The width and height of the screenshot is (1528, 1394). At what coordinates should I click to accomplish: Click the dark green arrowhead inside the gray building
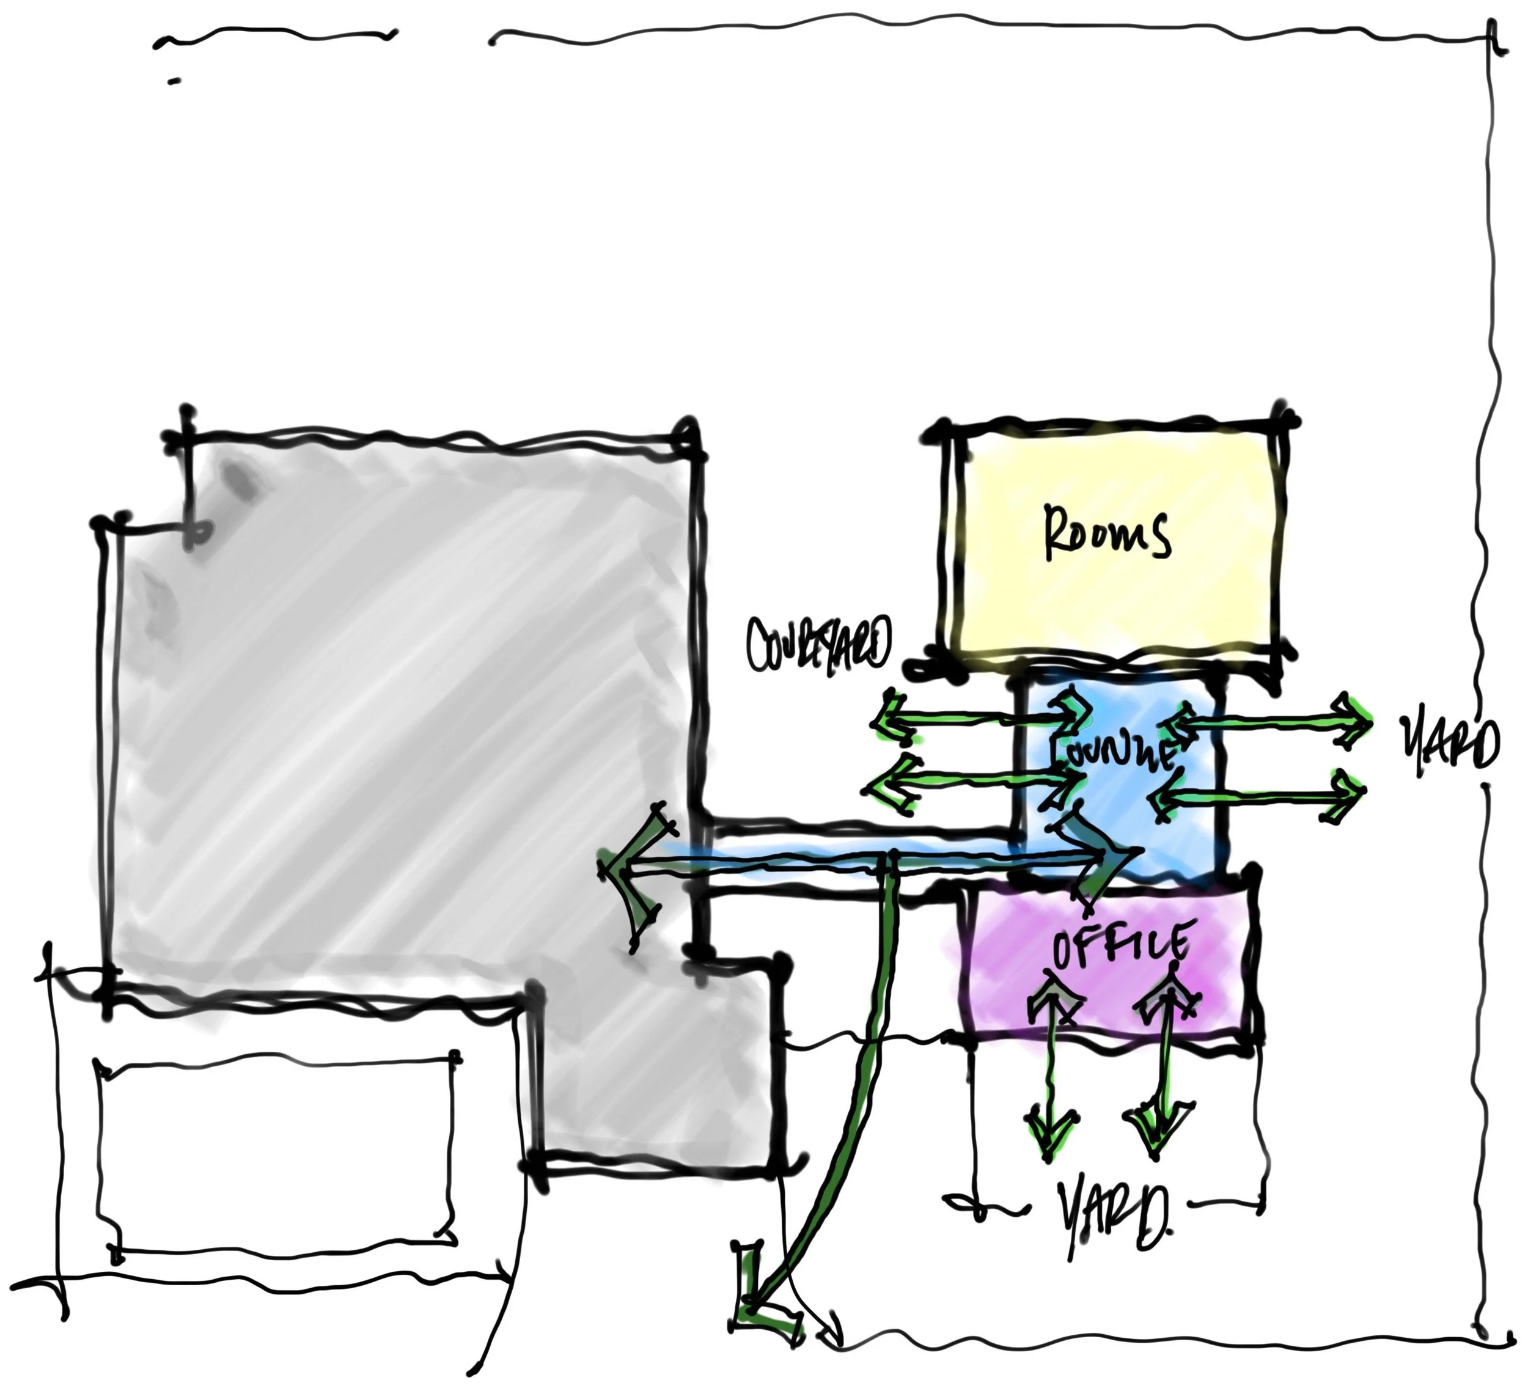pos(625,879)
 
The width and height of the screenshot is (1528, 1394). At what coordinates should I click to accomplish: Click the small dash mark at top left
pos(174,80)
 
